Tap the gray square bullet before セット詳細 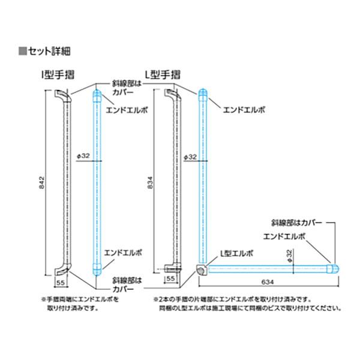[22, 50]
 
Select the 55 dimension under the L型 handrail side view [170, 279]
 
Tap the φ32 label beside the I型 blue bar [84, 155]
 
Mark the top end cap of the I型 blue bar [95, 95]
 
